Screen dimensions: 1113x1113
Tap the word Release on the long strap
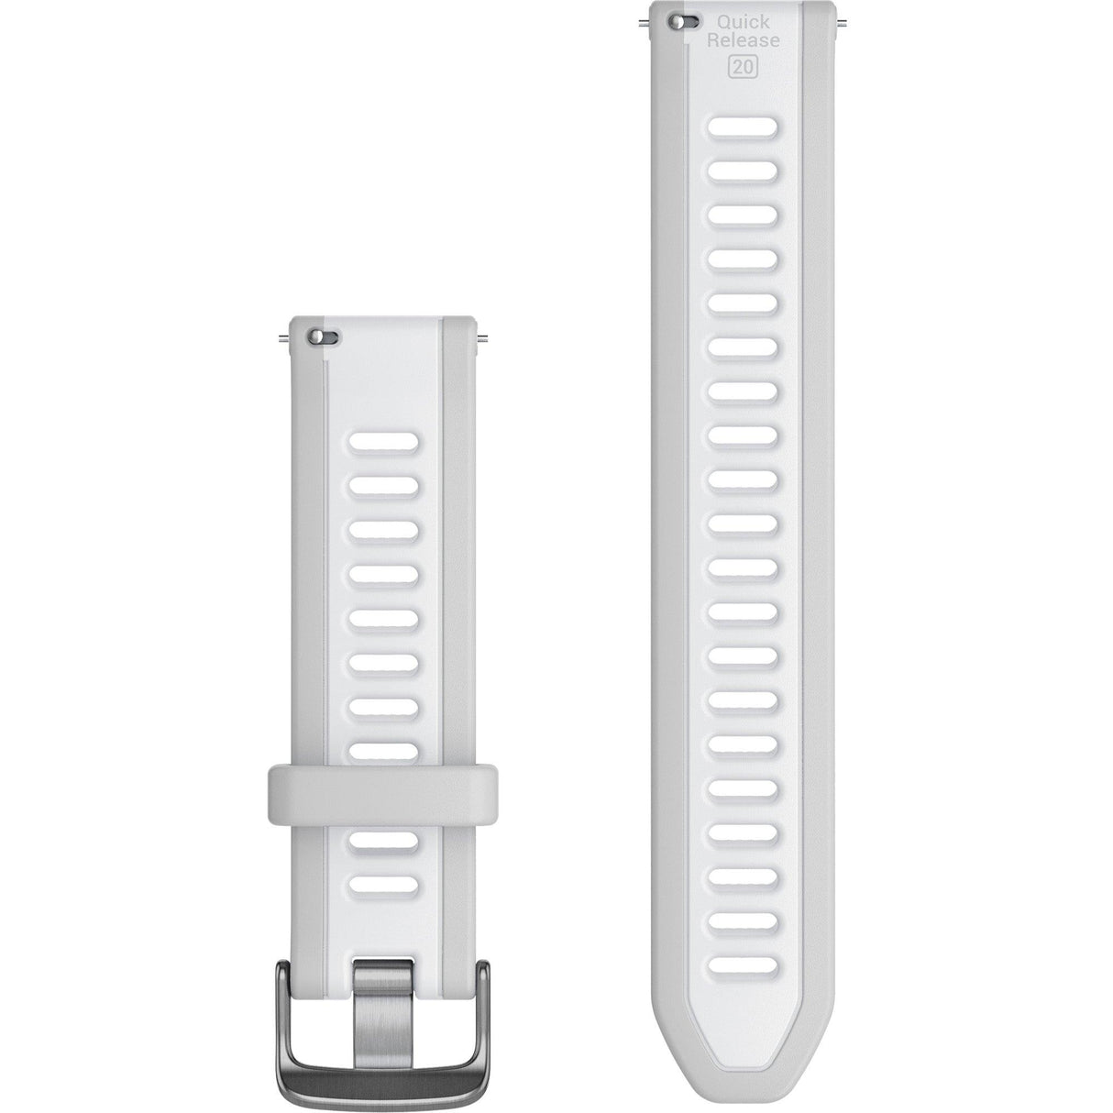[743, 41]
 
